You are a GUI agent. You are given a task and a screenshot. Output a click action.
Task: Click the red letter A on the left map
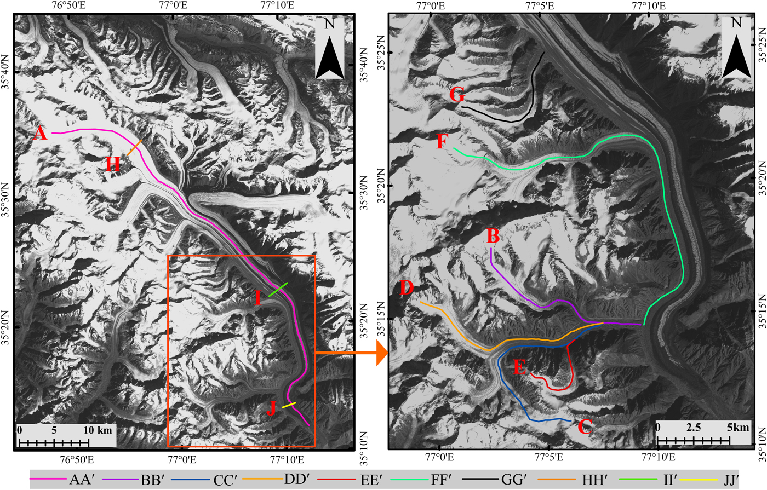click(x=39, y=133)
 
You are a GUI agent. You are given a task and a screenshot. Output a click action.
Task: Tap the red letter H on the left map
click(x=112, y=164)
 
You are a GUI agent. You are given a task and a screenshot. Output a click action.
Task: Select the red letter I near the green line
click(x=257, y=298)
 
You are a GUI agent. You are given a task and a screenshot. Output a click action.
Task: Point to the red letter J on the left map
click(x=271, y=408)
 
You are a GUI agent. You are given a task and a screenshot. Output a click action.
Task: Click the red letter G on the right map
click(x=457, y=95)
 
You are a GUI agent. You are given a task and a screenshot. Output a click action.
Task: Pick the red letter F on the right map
click(x=442, y=143)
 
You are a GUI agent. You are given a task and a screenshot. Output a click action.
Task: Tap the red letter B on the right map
click(x=493, y=236)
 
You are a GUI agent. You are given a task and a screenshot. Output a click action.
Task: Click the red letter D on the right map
click(x=406, y=288)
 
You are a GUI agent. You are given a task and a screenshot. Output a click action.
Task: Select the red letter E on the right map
click(x=520, y=367)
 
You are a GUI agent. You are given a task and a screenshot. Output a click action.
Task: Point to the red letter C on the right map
click(x=585, y=427)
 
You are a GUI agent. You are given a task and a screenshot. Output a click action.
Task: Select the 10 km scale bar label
click(x=97, y=430)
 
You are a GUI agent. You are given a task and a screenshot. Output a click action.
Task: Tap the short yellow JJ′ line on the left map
click(x=289, y=406)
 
